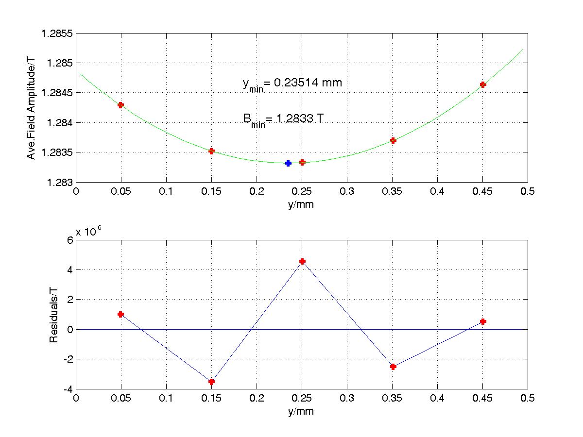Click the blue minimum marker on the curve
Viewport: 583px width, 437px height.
pyautogui.click(x=288, y=163)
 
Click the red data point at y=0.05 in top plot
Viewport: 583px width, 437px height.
pyautogui.click(x=120, y=105)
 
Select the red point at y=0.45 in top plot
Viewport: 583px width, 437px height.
pyautogui.click(x=483, y=84)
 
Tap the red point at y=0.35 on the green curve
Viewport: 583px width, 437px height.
pyautogui.click(x=393, y=140)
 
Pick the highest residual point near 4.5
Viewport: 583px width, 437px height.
pyautogui.click(x=302, y=261)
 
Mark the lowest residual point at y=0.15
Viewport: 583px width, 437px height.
pyautogui.click(x=211, y=382)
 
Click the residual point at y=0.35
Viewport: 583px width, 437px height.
pyautogui.click(x=393, y=367)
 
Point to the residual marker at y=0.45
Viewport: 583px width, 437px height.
pyautogui.click(x=483, y=321)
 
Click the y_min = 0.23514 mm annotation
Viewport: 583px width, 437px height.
pyautogui.click(x=292, y=84)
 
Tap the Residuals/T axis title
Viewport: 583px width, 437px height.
pyautogui.click(x=54, y=315)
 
